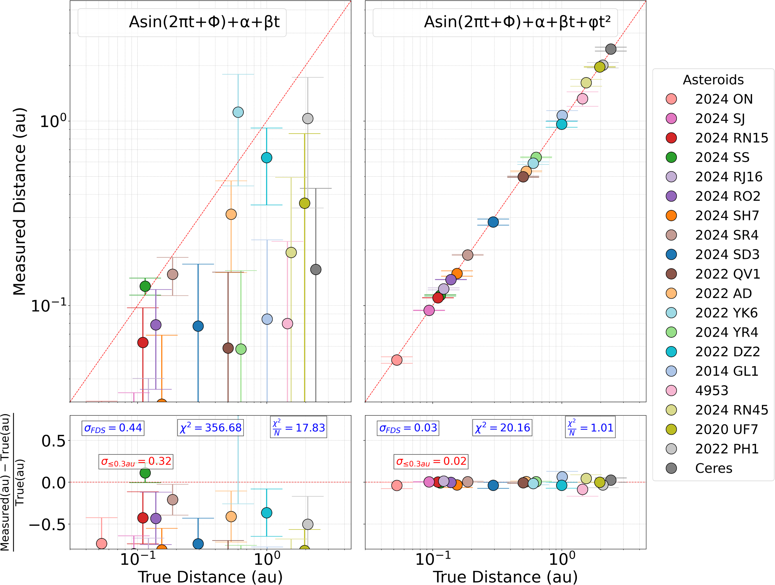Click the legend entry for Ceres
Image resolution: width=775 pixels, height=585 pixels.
713,468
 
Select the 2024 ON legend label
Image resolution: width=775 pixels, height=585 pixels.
723,99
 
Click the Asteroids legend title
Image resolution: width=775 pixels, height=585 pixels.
713,80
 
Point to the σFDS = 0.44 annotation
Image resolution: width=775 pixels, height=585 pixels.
113,428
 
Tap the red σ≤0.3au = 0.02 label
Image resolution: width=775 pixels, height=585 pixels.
431,461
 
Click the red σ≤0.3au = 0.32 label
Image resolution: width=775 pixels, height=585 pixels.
136,461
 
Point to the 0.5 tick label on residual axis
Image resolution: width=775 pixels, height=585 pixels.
53,441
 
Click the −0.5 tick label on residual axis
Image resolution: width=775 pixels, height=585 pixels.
47,525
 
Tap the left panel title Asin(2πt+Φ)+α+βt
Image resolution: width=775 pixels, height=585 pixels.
204,22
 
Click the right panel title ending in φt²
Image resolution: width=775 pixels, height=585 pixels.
517,22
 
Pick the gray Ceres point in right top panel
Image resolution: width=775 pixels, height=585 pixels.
611,49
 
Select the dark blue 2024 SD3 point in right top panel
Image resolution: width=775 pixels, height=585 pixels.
493,222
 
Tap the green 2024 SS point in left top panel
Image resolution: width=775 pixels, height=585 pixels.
145,286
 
